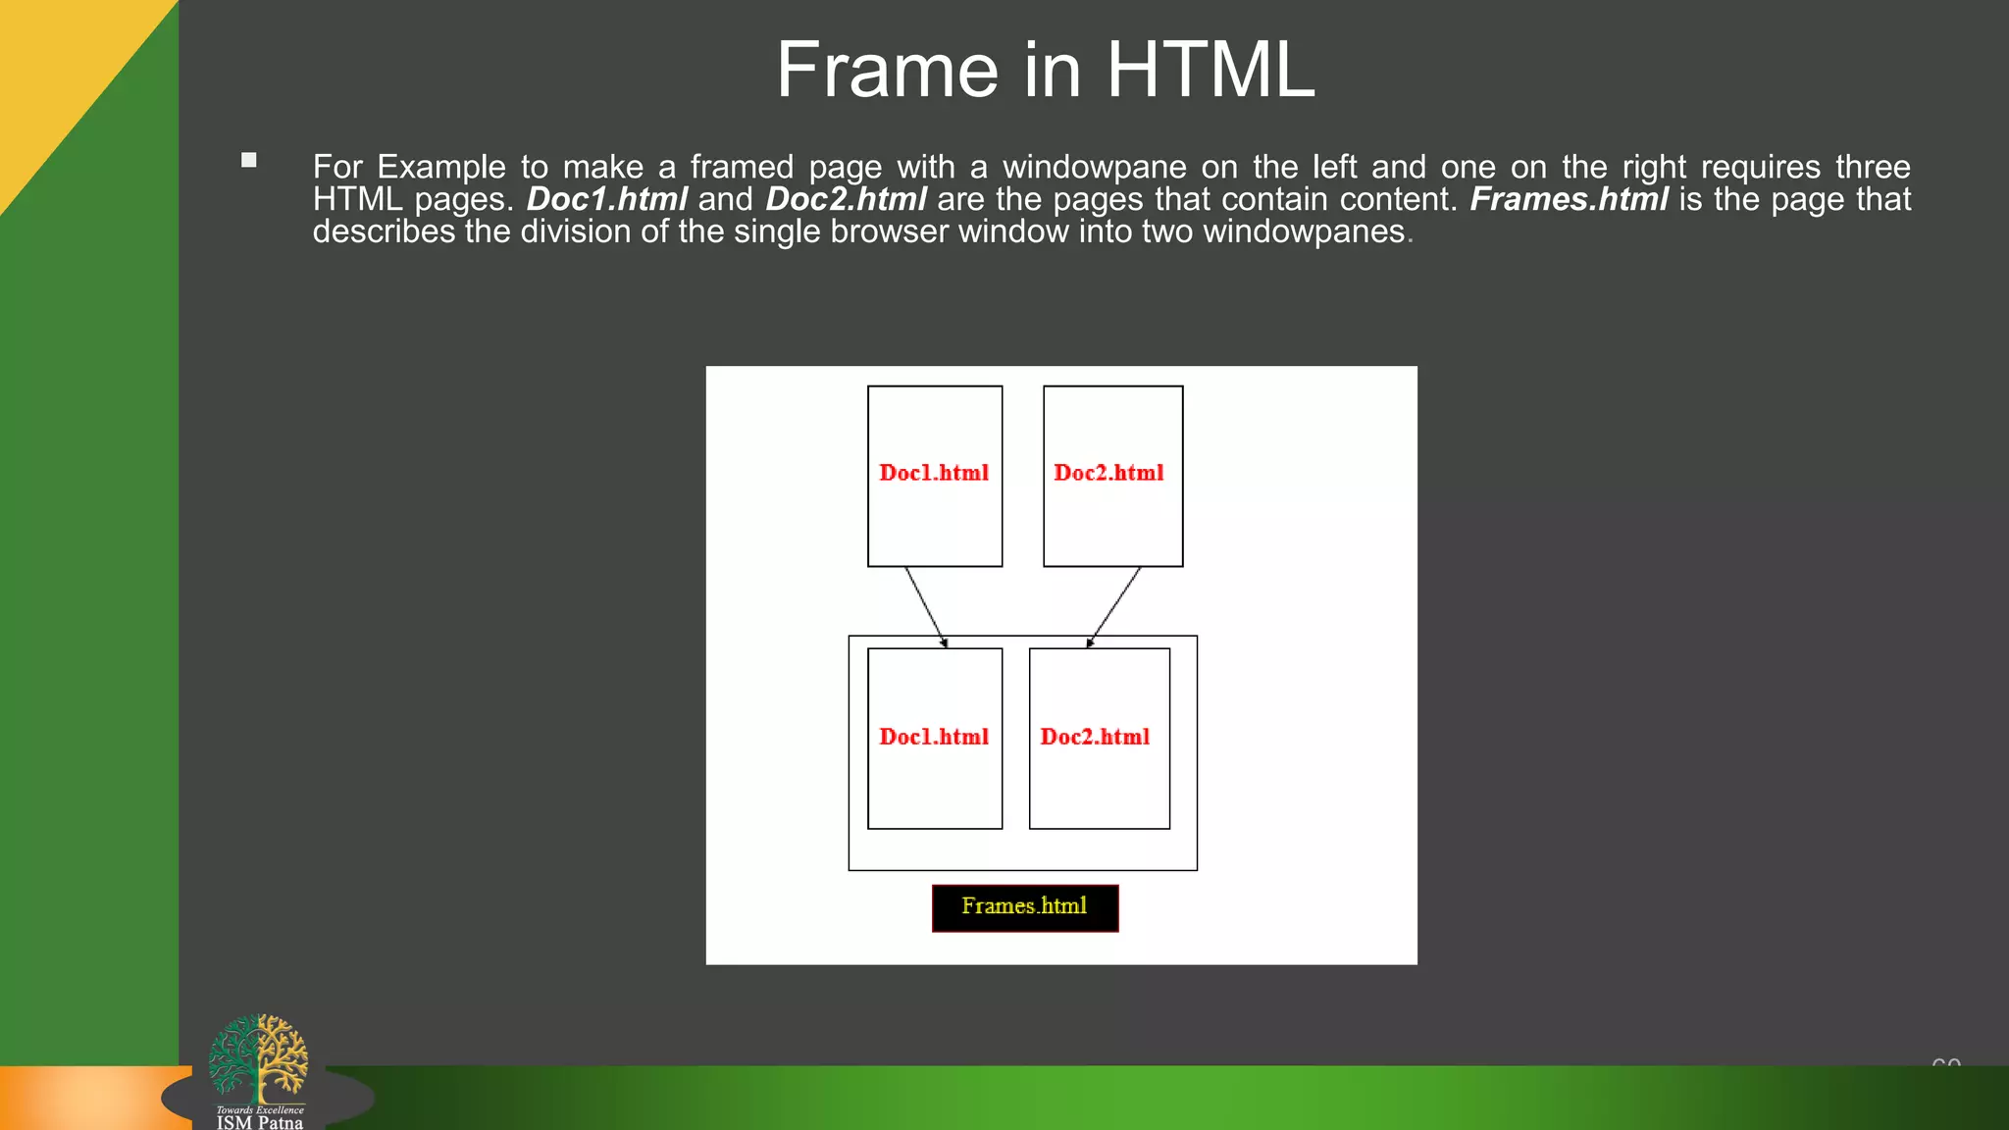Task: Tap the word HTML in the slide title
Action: [1211, 71]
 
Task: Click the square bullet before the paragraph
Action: [249, 160]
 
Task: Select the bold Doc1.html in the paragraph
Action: [606, 199]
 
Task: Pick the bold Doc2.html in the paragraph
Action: [846, 199]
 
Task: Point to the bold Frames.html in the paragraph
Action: [1569, 199]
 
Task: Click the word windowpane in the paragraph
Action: [1094, 167]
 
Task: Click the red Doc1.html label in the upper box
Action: [934, 473]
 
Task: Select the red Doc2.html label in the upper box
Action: [1108, 473]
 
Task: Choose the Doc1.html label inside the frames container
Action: [934, 737]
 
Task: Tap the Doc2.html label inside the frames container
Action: [1095, 737]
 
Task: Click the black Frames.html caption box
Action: [1024, 907]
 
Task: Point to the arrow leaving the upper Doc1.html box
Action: [926, 606]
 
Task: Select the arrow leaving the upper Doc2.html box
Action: [1114, 606]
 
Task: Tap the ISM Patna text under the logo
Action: [260, 1122]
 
